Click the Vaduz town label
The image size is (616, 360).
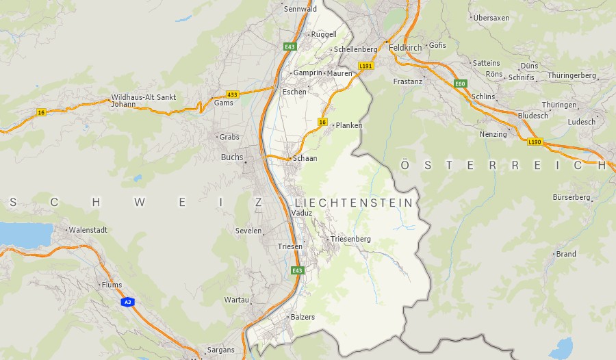302,213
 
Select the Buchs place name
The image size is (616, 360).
232,157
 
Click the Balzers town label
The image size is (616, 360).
303,317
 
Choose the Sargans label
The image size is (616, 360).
220,350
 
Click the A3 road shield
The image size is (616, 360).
127,302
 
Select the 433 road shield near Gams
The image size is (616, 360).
233,94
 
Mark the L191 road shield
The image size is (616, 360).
366,66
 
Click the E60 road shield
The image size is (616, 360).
460,83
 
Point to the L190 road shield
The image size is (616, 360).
535,142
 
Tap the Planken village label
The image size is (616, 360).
349,125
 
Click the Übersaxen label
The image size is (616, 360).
491,18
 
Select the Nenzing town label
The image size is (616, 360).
493,134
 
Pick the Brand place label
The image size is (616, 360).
567,254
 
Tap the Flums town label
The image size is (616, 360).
111,285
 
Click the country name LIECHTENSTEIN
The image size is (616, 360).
354,203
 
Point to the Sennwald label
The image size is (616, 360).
300,9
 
